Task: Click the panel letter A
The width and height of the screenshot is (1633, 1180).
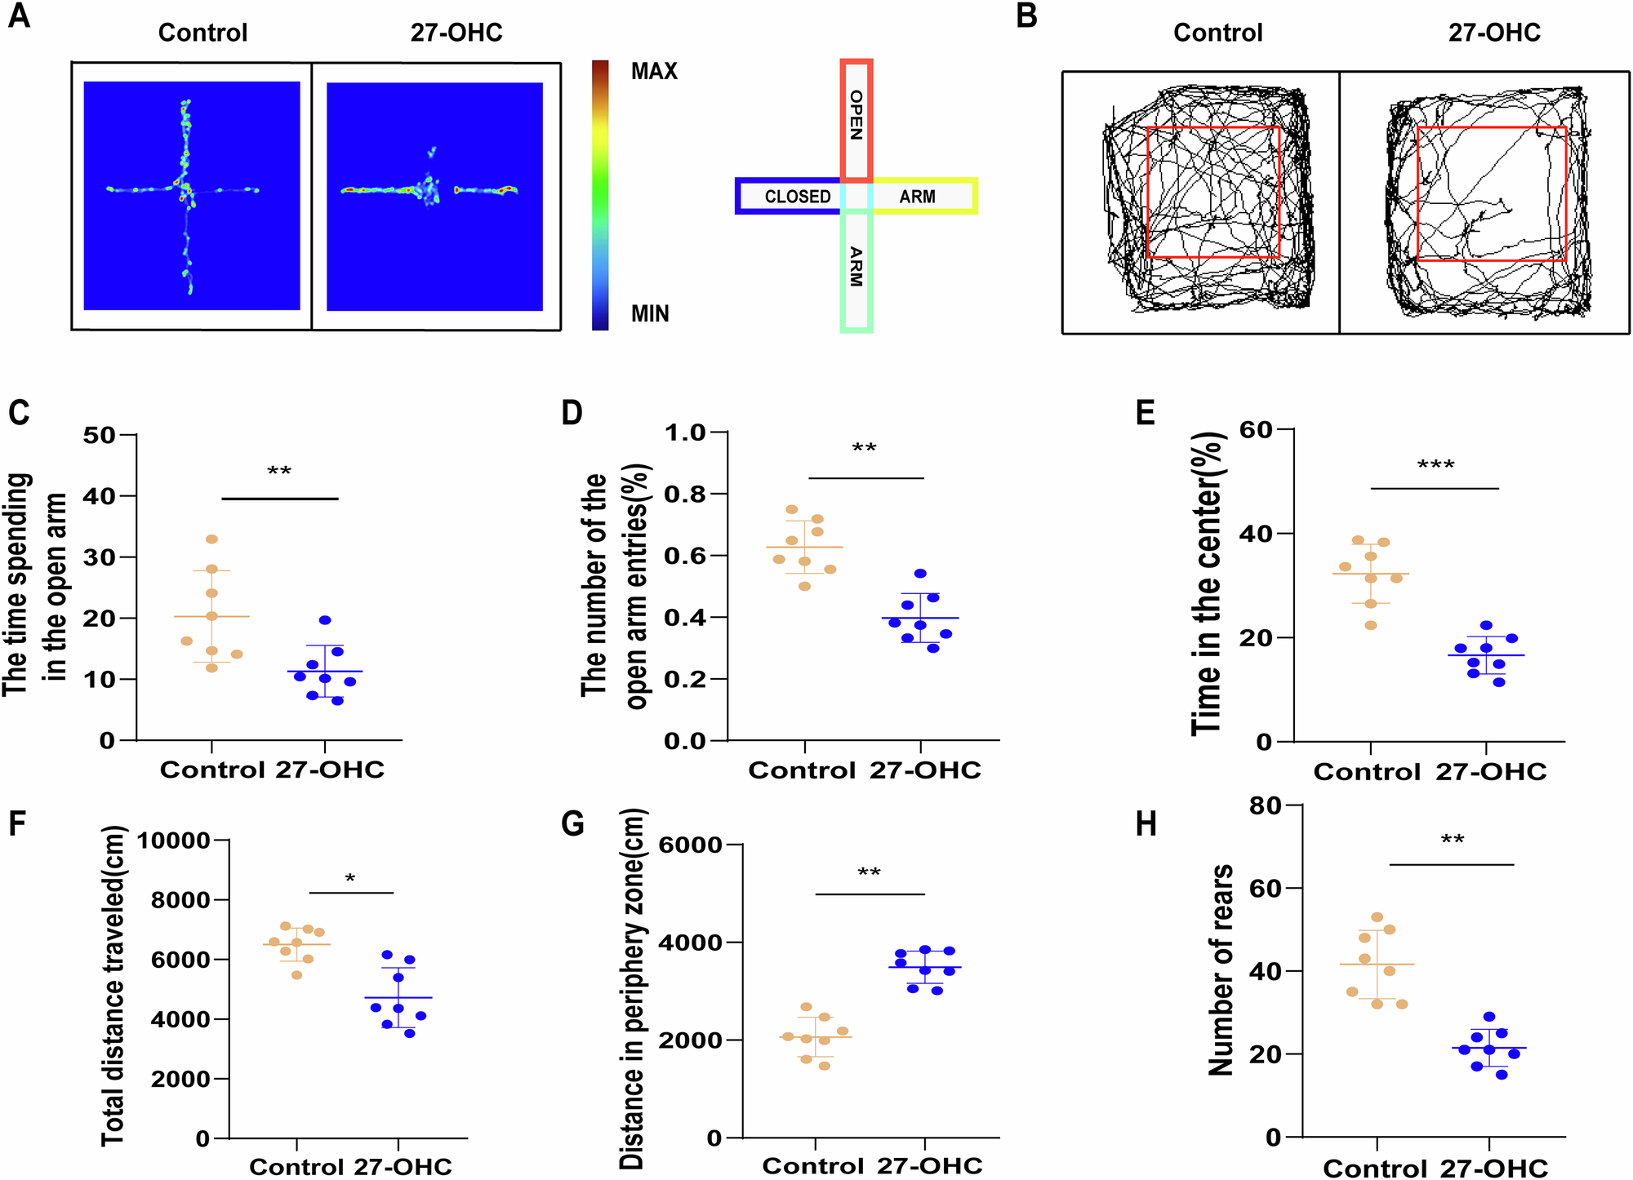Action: (19, 16)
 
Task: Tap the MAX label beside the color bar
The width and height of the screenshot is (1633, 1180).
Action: (654, 71)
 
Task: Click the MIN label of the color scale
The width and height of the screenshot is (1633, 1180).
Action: (650, 313)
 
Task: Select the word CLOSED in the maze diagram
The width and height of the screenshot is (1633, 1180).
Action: (797, 197)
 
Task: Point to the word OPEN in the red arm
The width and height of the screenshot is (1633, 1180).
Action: (857, 115)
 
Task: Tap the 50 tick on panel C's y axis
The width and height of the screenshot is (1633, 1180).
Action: (99, 435)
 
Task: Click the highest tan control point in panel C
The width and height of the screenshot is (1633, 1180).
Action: (211, 539)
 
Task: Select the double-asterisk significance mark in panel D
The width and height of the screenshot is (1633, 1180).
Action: (864, 449)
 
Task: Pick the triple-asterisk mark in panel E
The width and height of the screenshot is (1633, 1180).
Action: (1435, 466)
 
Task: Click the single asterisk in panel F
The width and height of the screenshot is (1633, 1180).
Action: (350, 879)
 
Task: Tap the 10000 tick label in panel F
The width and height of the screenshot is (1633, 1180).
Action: (173, 841)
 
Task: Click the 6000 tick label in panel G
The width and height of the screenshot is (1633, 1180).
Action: (691, 845)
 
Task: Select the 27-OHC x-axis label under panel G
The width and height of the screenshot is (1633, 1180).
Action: (929, 1165)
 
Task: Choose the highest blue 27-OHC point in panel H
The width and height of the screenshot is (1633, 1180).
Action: (1489, 1017)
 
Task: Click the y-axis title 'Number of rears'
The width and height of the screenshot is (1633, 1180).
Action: (1221, 971)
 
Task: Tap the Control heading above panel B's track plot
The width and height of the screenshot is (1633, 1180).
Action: (1217, 33)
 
